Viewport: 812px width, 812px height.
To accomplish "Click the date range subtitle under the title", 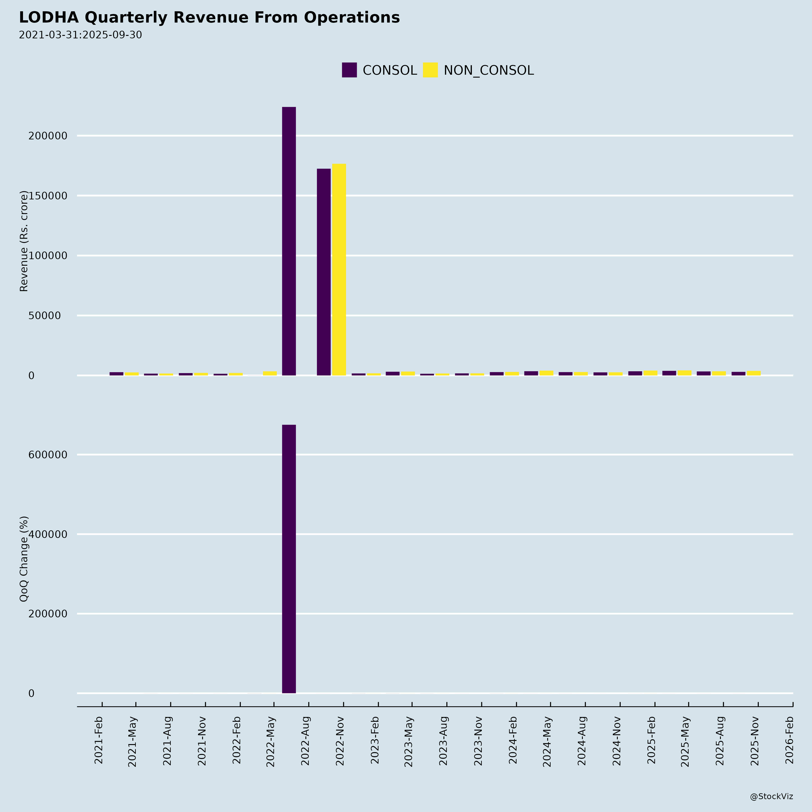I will point(80,35).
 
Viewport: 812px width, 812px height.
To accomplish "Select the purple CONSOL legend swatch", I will point(349,70).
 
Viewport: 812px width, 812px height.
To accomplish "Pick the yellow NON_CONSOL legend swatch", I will point(430,70).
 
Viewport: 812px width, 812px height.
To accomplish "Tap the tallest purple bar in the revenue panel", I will point(289,241).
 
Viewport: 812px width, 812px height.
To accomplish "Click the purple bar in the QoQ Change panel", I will point(289,559).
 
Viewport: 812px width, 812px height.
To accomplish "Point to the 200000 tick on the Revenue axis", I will point(48,136).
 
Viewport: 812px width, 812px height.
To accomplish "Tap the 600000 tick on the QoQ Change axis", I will point(48,455).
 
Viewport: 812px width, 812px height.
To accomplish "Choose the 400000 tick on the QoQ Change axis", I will point(48,534).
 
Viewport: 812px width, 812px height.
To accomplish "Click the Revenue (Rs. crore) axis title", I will point(24,241).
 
